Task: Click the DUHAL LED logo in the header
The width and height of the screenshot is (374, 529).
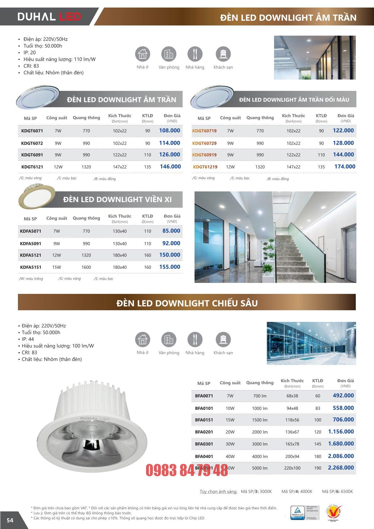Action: [x=49, y=16]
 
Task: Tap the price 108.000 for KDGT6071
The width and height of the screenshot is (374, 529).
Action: [x=169, y=130]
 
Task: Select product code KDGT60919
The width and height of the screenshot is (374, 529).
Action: [x=204, y=155]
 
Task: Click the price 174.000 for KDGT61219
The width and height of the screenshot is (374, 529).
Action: [x=344, y=167]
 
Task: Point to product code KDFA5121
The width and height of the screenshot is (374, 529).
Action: [x=30, y=255]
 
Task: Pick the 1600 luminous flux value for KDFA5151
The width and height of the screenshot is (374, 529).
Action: [x=86, y=267]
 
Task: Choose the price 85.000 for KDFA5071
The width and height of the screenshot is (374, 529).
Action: [x=171, y=231]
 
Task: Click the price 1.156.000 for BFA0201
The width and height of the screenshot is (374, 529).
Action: [x=341, y=432]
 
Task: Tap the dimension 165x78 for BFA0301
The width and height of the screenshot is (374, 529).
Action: [x=292, y=444]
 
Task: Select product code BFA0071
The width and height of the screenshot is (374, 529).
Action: [x=204, y=396]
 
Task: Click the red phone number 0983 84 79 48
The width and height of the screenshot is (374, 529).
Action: [x=187, y=471]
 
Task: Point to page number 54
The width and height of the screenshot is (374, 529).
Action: [x=10, y=520]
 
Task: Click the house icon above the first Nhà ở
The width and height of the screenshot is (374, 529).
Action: [x=142, y=54]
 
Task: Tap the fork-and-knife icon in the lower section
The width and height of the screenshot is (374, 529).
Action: [x=195, y=339]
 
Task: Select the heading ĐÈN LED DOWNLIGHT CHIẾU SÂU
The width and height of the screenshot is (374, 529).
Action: [x=187, y=303]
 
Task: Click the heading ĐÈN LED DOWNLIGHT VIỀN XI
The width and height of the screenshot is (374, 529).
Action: [x=117, y=199]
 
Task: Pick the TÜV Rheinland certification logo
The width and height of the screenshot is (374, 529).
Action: [x=297, y=512]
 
